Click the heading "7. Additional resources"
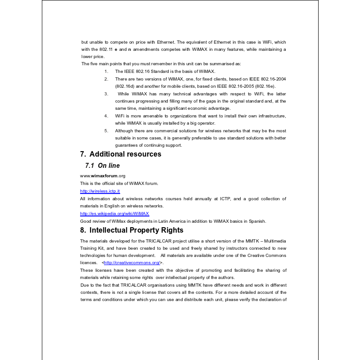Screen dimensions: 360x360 click(121, 154)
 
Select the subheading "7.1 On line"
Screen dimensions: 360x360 click(102, 166)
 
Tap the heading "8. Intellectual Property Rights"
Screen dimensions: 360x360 click(131, 230)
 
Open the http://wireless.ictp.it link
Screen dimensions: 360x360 click(100, 191)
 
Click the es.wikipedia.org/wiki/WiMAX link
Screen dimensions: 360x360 click(114, 213)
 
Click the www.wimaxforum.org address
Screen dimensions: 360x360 click(103, 176)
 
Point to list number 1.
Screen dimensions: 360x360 click(106, 72)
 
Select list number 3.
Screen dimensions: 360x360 click(106, 94)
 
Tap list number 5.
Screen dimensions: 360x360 click(106, 130)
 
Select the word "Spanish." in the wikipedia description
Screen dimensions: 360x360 click(256, 221)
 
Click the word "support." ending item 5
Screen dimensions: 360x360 click(173, 145)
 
